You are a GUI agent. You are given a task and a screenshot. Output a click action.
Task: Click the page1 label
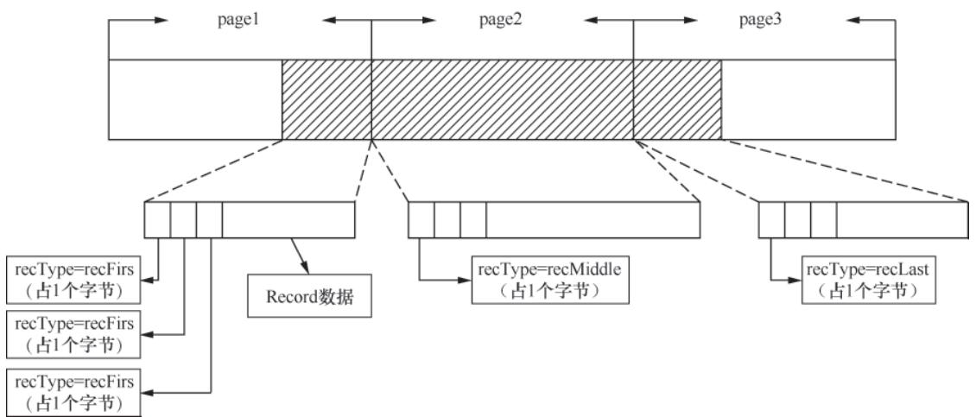[x=238, y=21]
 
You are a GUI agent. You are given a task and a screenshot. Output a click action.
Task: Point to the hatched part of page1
[x=326, y=98]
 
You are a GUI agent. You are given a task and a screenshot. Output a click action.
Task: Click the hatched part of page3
[x=677, y=98]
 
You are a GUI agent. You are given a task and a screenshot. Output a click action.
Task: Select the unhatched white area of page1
[x=195, y=98]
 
